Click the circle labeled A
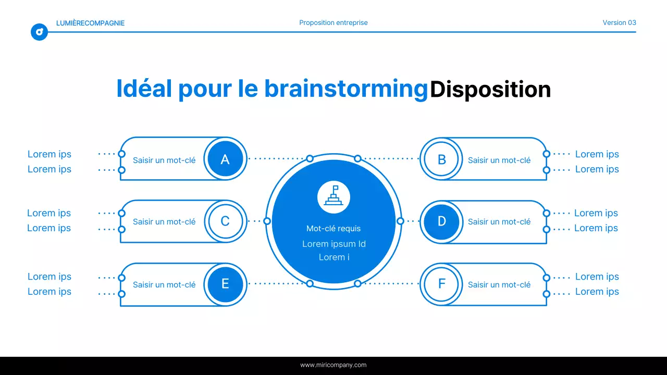point(225,159)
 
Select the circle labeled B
point(442,159)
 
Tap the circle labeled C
point(225,221)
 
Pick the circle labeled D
point(442,221)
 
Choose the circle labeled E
point(225,284)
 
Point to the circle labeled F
point(442,284)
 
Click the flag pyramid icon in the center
point(333,197)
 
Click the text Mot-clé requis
point(333,229)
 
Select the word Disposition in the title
point(490,90)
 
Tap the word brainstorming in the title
point(345,90)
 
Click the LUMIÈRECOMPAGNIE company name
point(90,23)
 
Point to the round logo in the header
point(39,32)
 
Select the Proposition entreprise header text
point(333,23)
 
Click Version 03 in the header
point(619,23)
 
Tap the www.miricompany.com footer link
point(333,365)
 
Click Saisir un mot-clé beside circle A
point(164,160)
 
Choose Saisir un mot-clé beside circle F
point(499,285)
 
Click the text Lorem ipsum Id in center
point(333,244)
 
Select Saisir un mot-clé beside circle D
point(499,222)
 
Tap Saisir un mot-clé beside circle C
point(164,222)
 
